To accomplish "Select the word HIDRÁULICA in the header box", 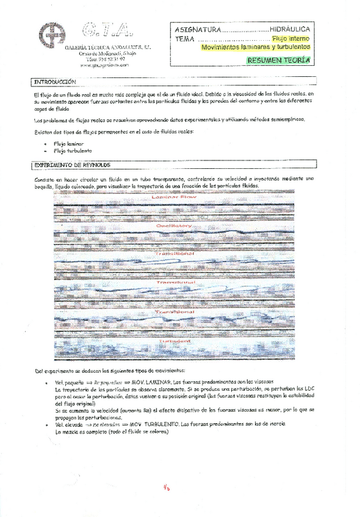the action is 289,29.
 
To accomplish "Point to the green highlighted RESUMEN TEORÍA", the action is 278,60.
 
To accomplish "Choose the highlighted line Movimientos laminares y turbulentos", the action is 255,46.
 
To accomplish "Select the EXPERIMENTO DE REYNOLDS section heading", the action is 68,165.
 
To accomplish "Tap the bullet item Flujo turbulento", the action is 72,150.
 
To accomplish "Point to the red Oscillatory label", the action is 174,225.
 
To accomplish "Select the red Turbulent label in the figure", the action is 175,341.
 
